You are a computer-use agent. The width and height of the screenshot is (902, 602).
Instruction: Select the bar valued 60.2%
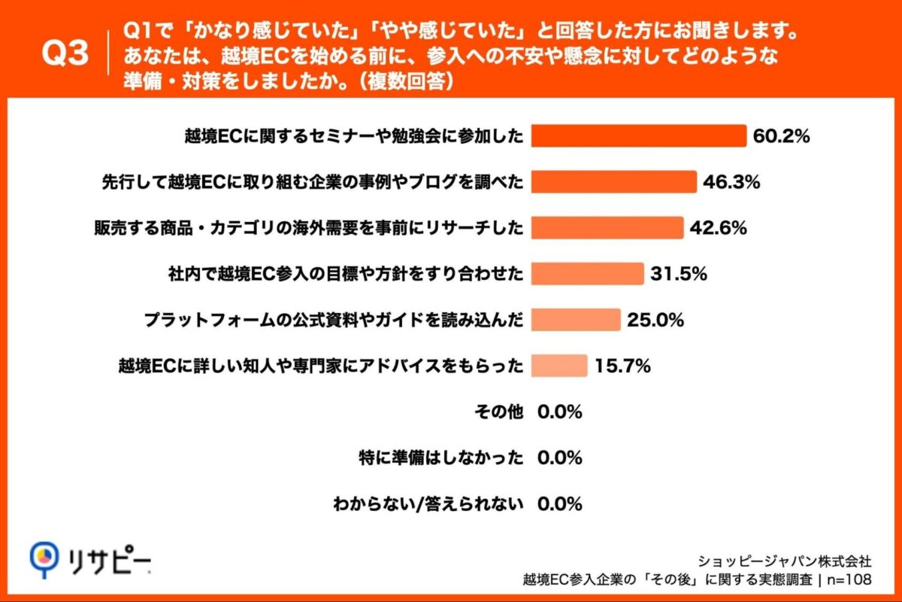pos(638,136)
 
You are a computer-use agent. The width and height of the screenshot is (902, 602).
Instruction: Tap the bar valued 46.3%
pos(613,181)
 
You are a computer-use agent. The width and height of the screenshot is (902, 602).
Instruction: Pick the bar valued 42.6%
pos(607,227)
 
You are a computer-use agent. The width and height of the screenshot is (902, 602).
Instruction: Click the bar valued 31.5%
pos(587,273)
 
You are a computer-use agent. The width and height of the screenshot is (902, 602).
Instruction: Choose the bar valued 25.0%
pos(575,319)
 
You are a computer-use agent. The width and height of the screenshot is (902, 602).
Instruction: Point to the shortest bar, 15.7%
pos(558,366)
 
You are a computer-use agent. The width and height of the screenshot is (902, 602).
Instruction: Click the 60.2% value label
pos(782,136)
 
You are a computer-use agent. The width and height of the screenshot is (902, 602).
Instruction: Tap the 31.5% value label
pos(680,274)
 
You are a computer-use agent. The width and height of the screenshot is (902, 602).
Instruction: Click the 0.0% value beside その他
pos(560,412)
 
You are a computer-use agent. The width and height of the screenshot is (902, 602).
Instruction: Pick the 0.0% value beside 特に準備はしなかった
pos(560,458)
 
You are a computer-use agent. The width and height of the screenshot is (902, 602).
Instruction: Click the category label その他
pos(498,412)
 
